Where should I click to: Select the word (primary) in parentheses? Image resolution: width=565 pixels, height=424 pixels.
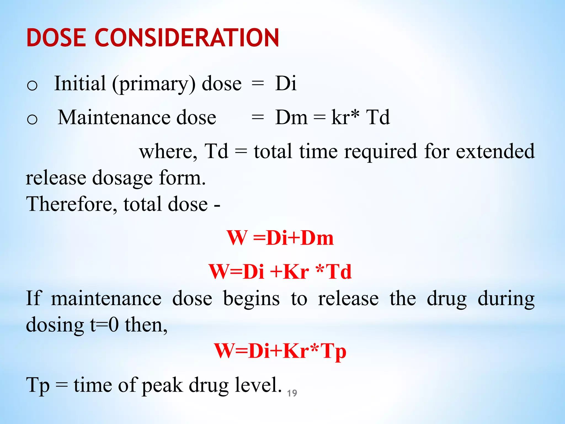(x=154, y=84)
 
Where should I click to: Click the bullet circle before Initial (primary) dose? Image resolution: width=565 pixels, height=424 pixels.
(x=32, y=85)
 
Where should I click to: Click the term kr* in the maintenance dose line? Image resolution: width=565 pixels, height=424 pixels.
(x=345, y=117)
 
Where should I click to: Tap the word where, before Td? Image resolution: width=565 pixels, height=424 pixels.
(x=168, y=151)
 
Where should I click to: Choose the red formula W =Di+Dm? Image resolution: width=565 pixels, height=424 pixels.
(x=280, y=238)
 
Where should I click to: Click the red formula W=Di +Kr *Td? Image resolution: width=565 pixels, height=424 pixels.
(x=280, y=272)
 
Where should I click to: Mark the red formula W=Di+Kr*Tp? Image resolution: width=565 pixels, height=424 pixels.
(x=280, y=351)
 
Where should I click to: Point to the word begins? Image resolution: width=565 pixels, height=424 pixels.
(x=251, y=299)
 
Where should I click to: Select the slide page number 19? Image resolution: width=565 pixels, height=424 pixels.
(x=292, y=393)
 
